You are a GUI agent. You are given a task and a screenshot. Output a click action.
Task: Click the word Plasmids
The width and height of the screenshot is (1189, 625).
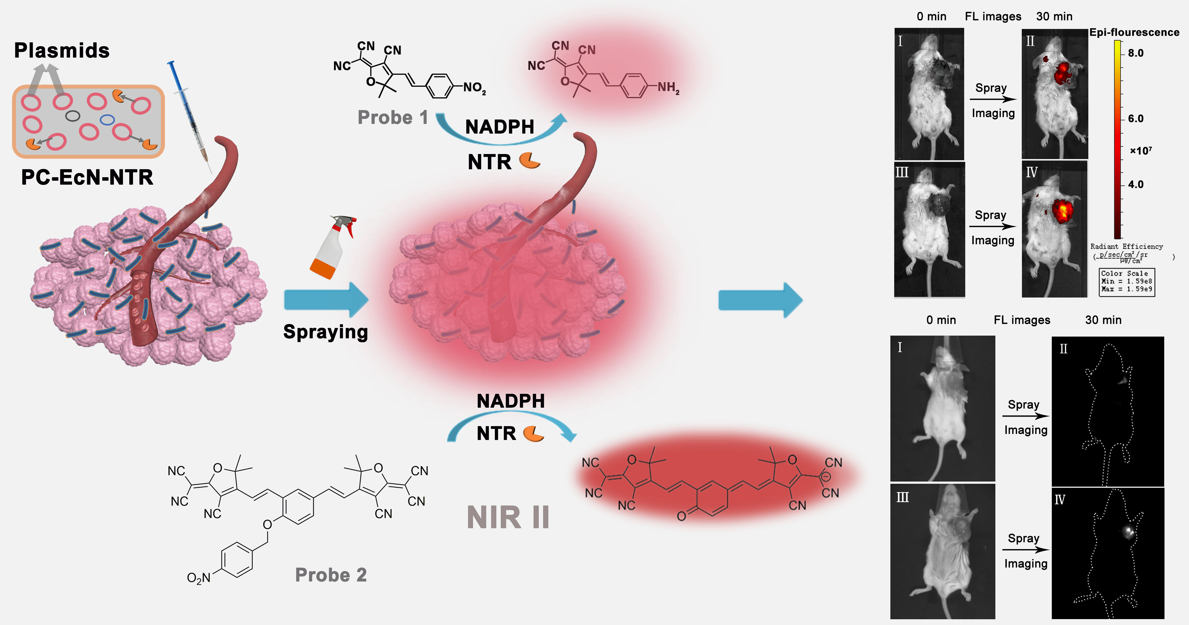(62, 50)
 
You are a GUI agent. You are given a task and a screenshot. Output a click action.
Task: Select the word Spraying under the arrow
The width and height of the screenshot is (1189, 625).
(325, 332)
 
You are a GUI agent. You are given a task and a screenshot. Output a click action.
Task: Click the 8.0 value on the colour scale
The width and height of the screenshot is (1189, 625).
(1135, 53)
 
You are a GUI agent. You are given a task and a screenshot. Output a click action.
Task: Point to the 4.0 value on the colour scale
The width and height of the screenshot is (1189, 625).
(1135, 185)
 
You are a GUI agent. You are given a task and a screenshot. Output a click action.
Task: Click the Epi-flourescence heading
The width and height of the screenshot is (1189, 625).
(1134, 32)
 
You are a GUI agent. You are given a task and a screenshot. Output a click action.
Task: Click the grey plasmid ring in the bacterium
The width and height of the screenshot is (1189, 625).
(73, 115)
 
